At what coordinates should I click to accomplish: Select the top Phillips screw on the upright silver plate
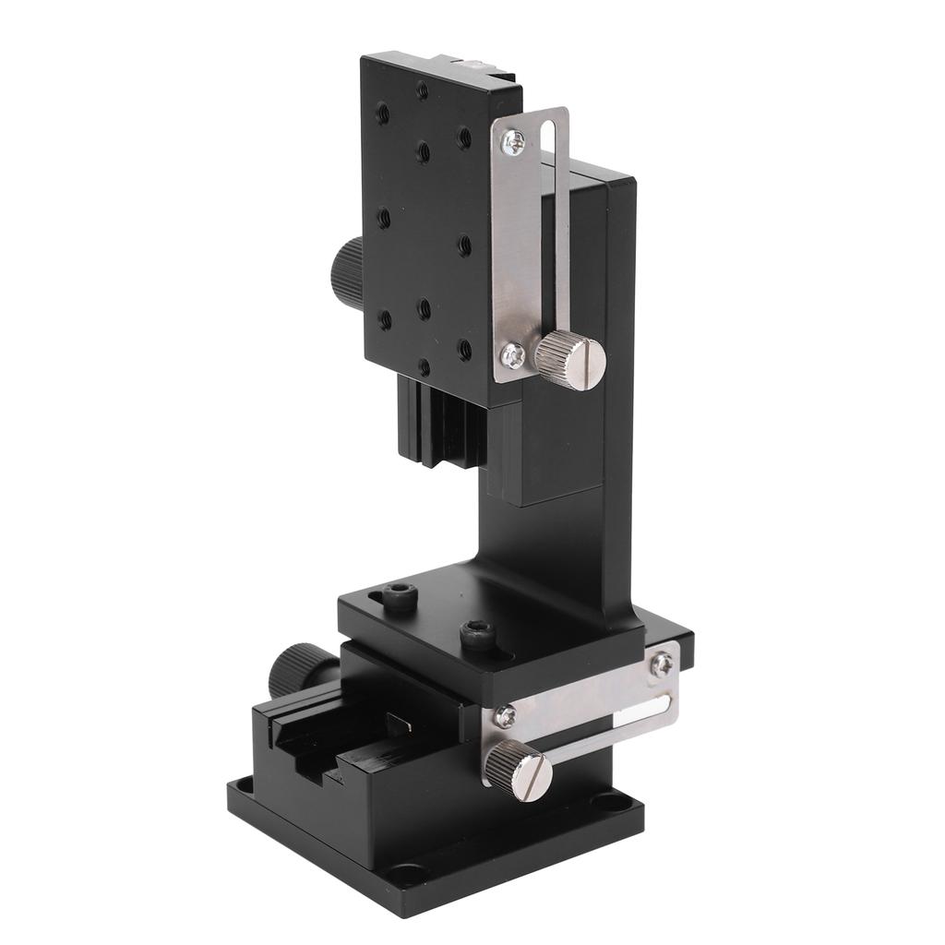click(513, 140)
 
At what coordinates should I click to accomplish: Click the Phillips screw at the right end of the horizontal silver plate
click(661, 663)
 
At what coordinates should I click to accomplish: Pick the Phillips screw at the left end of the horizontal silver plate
click(504, 717)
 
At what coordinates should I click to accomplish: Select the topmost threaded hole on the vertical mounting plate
click(422, 90)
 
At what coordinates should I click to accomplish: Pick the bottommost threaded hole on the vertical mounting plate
click(424, 366)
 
